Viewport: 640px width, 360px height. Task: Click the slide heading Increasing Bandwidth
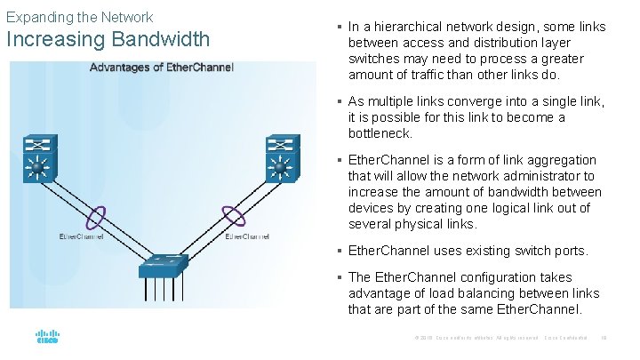(108, 40)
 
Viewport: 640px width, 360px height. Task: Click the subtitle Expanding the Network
(79, 17)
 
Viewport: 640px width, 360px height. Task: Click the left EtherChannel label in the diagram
(81, 236)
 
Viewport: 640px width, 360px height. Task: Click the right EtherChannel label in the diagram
(248, 236)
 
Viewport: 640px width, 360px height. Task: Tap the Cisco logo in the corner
(47, 337)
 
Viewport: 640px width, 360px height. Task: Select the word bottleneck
(380, 133)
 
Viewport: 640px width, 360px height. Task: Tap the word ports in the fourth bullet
(566, 251)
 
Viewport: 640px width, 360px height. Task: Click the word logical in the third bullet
(498, 208)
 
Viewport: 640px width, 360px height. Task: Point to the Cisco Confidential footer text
(566, 338)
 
